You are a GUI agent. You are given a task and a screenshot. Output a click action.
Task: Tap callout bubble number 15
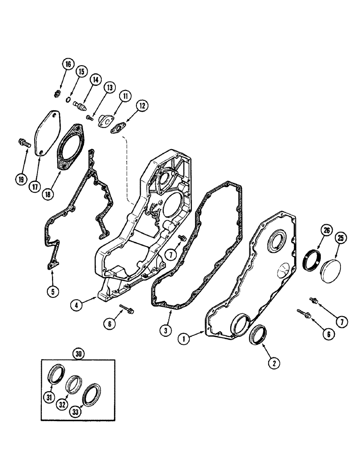point(82,72)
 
